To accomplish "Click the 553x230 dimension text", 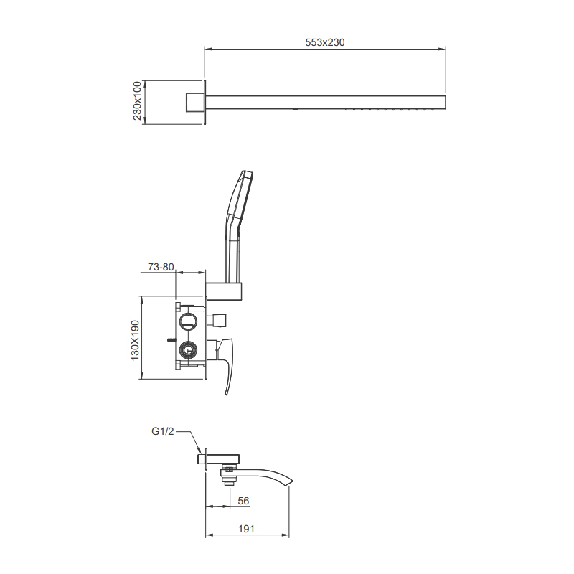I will (326, 42).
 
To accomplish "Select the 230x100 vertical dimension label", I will (138, 101).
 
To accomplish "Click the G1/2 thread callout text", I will (162, 431).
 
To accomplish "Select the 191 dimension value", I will (247, 529).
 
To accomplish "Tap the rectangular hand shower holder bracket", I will (225, 291).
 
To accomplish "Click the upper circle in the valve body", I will (189, 320).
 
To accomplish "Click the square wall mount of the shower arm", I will (193, 101).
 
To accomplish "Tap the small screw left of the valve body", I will (171, 337).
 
